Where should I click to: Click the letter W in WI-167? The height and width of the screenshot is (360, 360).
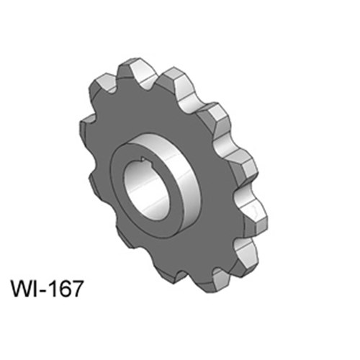(x=20, y=289)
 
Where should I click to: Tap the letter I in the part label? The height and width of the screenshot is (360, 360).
(x=34, y=289)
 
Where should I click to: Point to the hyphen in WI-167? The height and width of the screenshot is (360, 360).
(x=42, y=291)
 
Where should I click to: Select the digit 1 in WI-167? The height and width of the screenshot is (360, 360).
(x=51, y=289)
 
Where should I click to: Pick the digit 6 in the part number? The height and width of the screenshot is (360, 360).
(x=64, y=289)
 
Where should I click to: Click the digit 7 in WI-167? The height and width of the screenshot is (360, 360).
(x=76, y=289)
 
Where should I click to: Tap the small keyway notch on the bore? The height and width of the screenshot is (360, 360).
(x=143, y=158)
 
